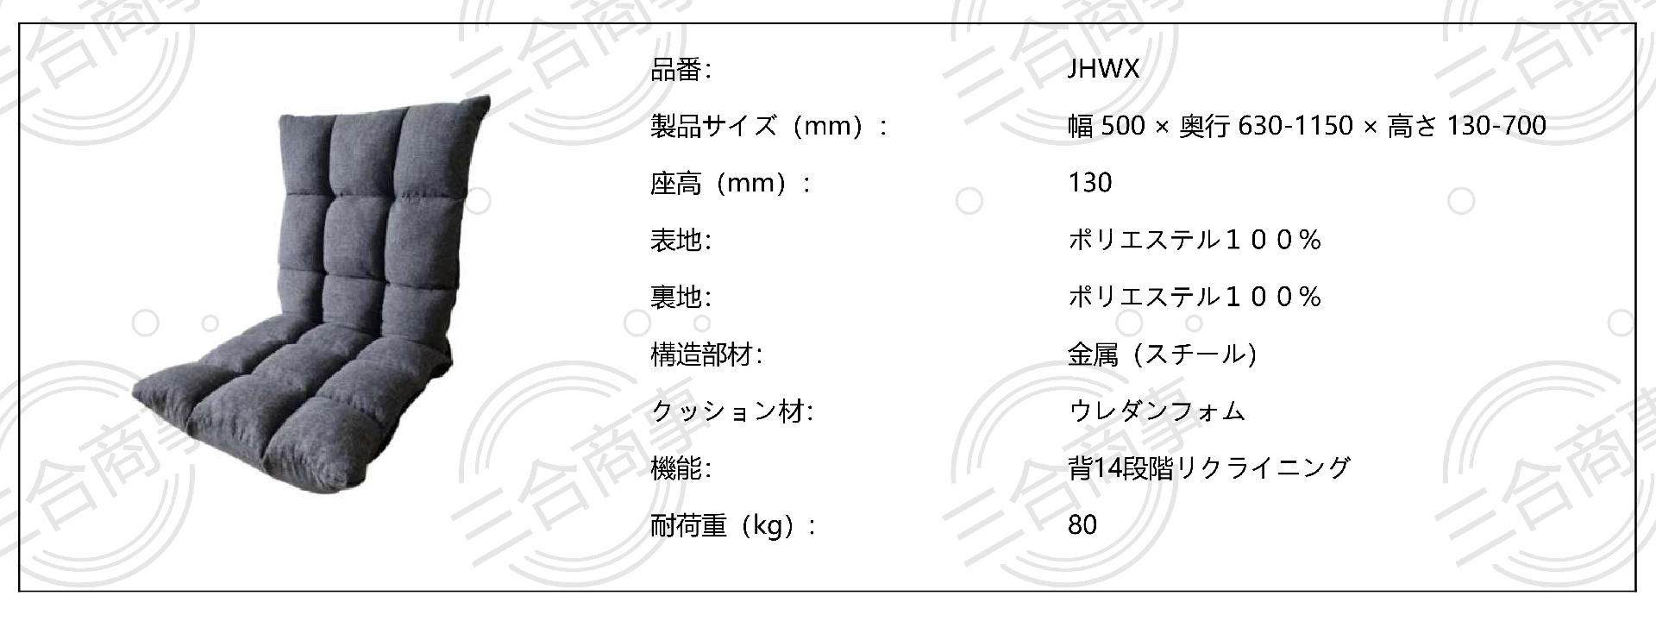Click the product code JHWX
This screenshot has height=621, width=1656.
1103,70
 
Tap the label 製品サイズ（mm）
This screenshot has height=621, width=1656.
758,127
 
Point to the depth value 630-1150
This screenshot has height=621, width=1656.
1295,127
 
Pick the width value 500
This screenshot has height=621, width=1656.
1123,127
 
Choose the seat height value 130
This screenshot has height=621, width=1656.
1089,184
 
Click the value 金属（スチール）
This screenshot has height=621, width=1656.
1162,354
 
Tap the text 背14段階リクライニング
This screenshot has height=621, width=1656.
1208,468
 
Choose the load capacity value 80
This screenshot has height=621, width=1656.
1082,525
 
